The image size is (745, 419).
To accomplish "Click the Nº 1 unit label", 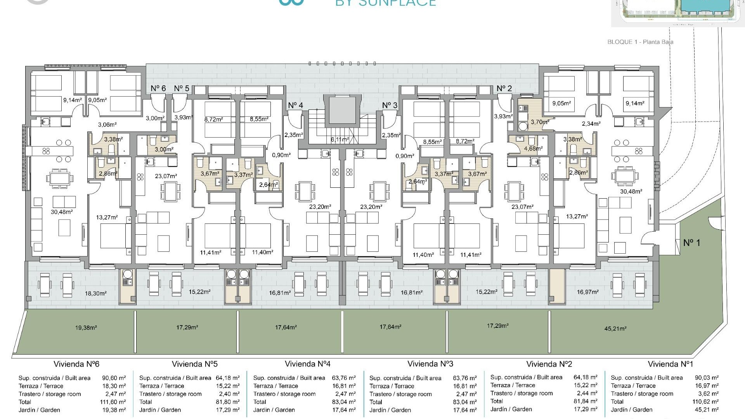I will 691,243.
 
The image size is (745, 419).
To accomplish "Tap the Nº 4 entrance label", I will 295,106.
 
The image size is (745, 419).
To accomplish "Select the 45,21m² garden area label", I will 615,329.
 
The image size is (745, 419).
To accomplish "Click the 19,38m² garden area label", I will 86,328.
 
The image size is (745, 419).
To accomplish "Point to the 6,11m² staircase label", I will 340,139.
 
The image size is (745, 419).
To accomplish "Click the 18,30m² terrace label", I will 95,294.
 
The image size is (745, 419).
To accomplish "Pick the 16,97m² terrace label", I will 587,292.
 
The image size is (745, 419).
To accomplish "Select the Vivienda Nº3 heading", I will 430,364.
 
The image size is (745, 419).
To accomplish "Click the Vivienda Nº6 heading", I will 76,364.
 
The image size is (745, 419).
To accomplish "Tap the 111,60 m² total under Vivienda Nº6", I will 113,402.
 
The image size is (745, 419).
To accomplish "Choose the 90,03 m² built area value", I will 707,377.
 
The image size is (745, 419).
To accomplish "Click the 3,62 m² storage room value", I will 708,394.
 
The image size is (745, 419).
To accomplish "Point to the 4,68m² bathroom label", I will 534,148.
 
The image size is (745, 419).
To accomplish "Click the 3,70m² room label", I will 540,122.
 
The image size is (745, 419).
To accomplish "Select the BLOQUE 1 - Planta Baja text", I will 640,42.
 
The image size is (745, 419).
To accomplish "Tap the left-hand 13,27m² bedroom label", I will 107,218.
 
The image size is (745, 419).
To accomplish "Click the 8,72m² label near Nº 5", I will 213,120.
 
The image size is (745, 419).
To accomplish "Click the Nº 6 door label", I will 158,88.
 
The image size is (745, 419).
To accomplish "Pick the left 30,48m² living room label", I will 62,212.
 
